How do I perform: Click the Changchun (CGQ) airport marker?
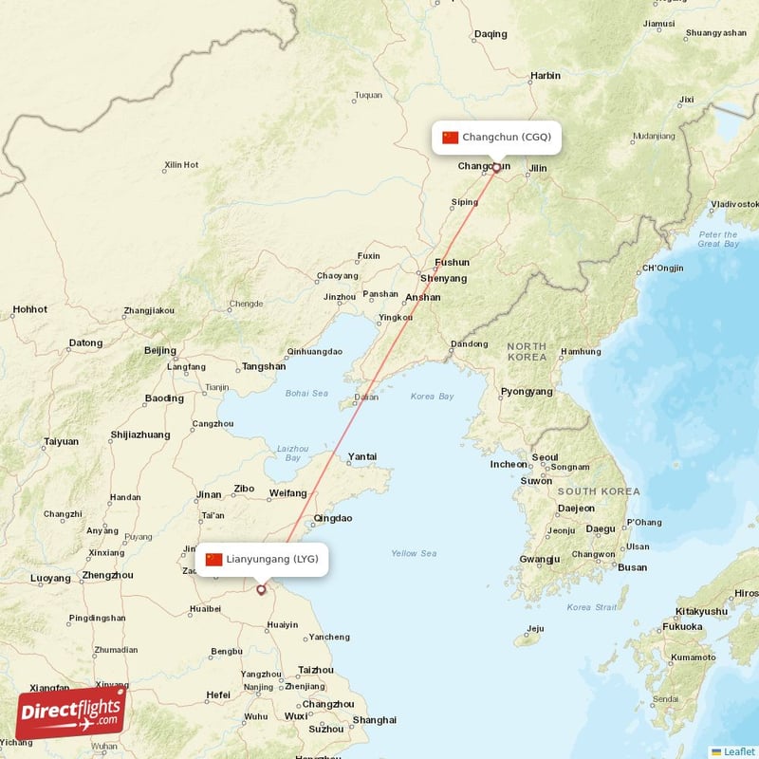[495, 169]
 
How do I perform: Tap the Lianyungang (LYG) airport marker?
[261, 590]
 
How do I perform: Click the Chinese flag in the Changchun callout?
[450, 138]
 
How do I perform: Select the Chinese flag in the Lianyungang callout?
[213, 560]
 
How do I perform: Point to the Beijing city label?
[159, 350]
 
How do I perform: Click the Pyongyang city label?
[526, 391]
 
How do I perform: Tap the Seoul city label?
[545, 457]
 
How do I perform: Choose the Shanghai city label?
[374, 719]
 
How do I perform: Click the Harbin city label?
[546, 75]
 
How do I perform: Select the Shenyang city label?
[444, 279]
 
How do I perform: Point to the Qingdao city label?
[333, 518]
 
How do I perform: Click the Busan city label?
[632, 567]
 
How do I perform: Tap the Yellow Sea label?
[414, 553]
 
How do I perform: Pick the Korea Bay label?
[432, 396]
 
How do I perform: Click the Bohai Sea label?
[305, 393]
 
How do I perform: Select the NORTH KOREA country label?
[526, 352]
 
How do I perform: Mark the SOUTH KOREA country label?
[598, 491]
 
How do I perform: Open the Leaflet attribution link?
[738, 751]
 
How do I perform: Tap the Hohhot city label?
[29, 309]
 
